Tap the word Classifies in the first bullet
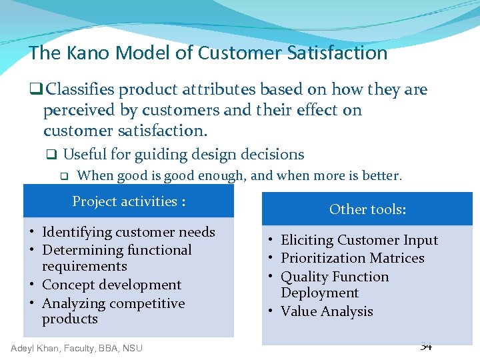pos(80,89)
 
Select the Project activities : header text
pos(129,201)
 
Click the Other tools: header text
pos(367,209)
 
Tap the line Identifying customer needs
pos(128,232)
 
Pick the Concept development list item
pos(111,285)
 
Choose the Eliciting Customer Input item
pos(359,240)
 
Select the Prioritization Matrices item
pos(352,258)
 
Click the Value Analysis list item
pos(327,311)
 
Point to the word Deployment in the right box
pos(319,293)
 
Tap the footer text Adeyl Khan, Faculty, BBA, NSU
pos(77,348)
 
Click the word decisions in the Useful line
pos(273,155)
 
